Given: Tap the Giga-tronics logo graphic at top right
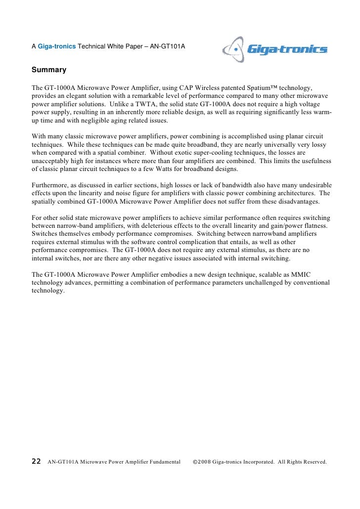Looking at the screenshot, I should tap(275, 49).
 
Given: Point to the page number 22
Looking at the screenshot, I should tap(36, 462).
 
